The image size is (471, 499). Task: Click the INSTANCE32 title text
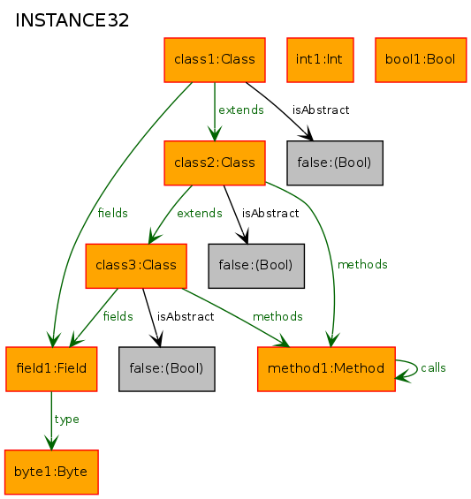pyautogui.click(x=72, y=20)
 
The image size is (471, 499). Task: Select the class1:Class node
pyautogui.click(x=215, y=60)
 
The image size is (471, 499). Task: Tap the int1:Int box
pyautogui.click(x=320, y=60)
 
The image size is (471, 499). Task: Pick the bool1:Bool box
pyautogui.click(x=421, y=60)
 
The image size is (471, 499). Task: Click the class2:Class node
pyautogui.click(x=215, y=163)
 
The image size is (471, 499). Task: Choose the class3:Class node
pyautogui.click(x=136, y=266)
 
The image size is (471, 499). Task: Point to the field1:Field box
pyautogui.click(x=51, y=369)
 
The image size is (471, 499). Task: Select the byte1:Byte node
pyautogui.click(x=51, y=472)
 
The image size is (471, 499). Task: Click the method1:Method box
pyautogui.click(x=326, y=369)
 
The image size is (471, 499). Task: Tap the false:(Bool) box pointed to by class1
pyautogui.click(x=335, y=163)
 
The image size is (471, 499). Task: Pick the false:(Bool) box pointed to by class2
pyautogui.click(x=256, y=266)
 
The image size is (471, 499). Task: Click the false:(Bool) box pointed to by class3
pyautogui.click(x=167, y=369)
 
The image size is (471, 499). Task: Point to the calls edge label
pyautogui.click(x=433, y=368)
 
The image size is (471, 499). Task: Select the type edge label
pyautogui.click(x=66, y=420)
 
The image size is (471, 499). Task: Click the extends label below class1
pyautogui.click(x=241, y=110)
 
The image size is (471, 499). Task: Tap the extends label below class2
pyautogui.click(x=200, y=213)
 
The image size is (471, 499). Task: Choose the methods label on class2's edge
pyautogui.click(x=362, y=264)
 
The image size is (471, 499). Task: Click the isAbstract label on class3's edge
pyautogui.click(x=186, y=317)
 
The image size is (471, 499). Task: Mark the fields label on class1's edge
pyautogui.click(x=113, y=213)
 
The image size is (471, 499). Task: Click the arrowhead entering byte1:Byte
pyautogui.click(x=51, y=443)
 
